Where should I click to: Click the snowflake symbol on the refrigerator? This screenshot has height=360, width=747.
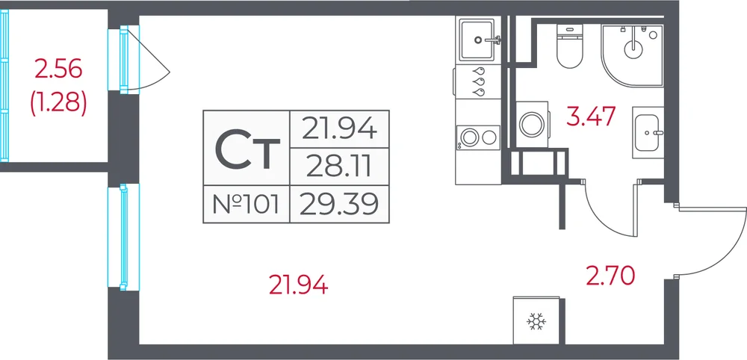coord(536,323)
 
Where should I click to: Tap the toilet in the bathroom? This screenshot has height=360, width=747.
coord(570,46)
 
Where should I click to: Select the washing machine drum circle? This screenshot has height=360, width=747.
coord(532,124)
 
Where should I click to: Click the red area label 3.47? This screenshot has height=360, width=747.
coord(591,117)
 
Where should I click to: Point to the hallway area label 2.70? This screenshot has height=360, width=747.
coord(610,276)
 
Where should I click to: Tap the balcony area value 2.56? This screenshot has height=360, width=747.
coord(58,70)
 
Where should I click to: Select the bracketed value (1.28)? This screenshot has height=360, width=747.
coord(58,104)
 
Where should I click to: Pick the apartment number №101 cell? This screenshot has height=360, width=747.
coord(247,205)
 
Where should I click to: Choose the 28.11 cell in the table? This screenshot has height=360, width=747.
coord(339,167)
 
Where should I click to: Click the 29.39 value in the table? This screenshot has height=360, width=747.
coord(339,205)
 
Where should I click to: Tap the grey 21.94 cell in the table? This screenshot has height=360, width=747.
coord(339,129)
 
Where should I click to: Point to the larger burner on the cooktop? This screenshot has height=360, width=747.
coord(469,137)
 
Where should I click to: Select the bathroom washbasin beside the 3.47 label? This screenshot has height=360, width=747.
coord(648,132)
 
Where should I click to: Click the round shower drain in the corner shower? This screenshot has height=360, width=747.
coord(633,46)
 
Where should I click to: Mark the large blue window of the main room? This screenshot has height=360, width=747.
coord(123,238)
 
